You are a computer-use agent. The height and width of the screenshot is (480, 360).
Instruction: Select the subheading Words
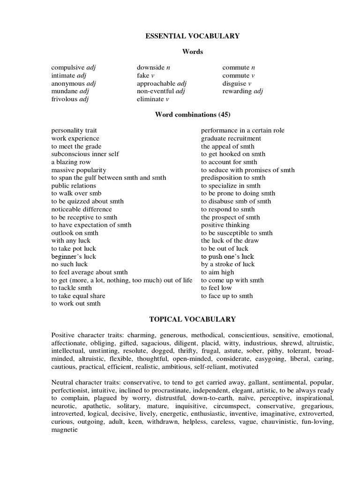pyautogui.click(x=192, y=52)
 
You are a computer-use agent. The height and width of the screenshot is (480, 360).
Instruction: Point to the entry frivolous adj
pyautogui.click(x=70, y=99)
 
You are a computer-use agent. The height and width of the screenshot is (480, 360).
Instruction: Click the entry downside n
pyautogui.click(x=153, y=67)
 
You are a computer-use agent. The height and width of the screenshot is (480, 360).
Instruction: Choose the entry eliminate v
pyautogui.click(x=153, y=99)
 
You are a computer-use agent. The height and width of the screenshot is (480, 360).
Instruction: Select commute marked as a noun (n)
pyautogui.click(x=239, y=67)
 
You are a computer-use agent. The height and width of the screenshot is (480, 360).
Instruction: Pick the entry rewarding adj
pyautogui.click(x=243, y=91)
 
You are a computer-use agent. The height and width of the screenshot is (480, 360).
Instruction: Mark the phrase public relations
pyautogui.click(x=74, y=186)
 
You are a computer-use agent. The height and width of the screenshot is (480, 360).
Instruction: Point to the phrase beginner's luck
pyautogui.click(x=74, y=256)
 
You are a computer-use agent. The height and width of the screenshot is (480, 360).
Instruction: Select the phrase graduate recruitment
pyautogui.click(x=231, y=139)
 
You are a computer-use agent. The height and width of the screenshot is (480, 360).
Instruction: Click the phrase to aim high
pyautogui.click(x=217, y=272)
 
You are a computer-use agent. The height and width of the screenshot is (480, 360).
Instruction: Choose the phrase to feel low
pyautogui.click(x=217, y=288)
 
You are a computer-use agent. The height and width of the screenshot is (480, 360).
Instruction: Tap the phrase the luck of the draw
pyautogui.click(x=230, y=240)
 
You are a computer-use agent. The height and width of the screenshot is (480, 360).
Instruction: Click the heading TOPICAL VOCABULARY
pyautogui.click(x=192, y=319)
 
